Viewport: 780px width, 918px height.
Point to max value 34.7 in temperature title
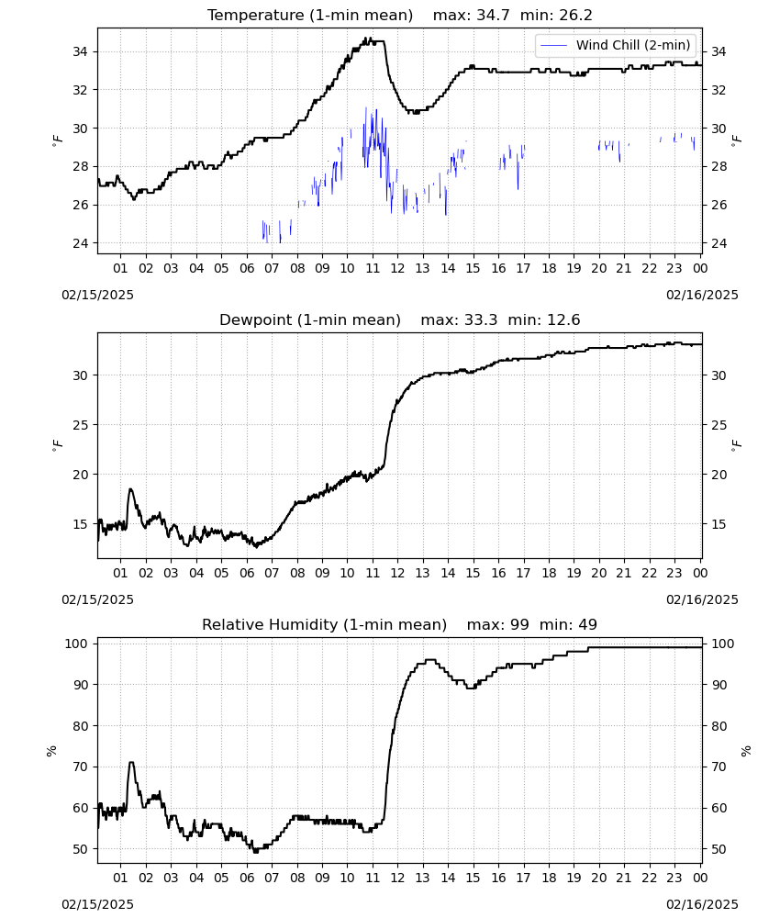(472, 16)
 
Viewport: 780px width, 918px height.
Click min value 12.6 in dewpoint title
(544, 320)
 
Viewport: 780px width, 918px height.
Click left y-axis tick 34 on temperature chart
(80, 51)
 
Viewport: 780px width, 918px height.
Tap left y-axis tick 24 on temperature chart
(80, 243)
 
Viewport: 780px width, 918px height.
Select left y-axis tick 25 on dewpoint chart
(80, 425)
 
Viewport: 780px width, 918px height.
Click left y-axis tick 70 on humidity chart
(80, 767)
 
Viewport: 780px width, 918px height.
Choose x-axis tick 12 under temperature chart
(397, 268)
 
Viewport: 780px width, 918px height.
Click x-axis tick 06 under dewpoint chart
(247, 573)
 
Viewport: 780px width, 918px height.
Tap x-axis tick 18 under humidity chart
(549, 878)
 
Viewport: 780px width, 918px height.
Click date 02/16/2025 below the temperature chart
(702, 295)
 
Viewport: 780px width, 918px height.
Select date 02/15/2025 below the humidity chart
(97, 904)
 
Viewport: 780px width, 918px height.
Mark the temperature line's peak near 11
(368, 39)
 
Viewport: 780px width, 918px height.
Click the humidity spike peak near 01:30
(131, 762)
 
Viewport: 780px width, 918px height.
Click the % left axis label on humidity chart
(52, 751)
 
